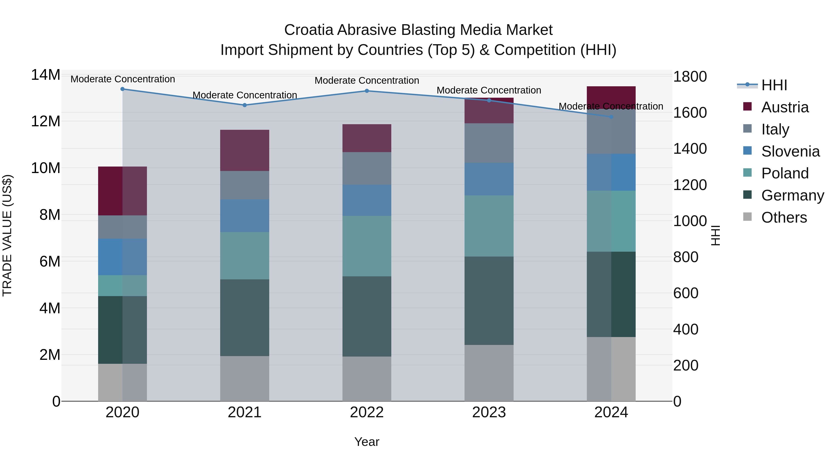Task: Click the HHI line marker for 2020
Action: tap(123, 89)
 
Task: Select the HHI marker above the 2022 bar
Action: tap(367, 91)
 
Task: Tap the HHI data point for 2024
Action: tap(611, 117)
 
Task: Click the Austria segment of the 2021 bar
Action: tap(245, 150)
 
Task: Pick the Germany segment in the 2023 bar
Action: tap(489, 301)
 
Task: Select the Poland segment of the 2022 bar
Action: tap(367, 246)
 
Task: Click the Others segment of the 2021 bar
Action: tap(245, 379)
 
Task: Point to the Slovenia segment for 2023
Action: tap(489, 179)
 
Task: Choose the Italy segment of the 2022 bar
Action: tap(367, 168)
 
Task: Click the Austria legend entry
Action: tap(784, 107)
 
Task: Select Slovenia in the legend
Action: tap(790, 151)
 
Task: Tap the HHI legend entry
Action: tap(774, 85)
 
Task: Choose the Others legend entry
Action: tap(784, 217)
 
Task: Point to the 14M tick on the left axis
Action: tap(46, 75)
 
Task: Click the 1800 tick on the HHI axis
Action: tap(690, 77)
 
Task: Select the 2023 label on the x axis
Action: tap(489, 412)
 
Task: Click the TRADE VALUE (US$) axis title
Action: tap(7, 235)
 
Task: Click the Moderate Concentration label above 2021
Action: tap(245, 95)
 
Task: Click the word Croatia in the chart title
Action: tap(309, 30)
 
